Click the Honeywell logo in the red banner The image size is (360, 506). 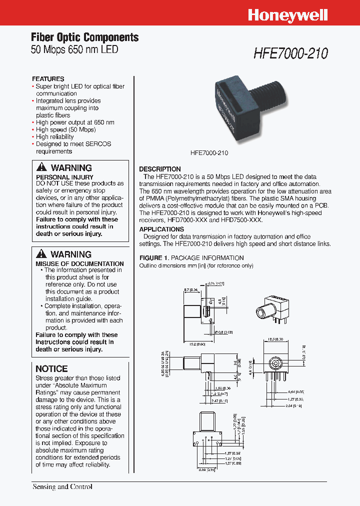(287, 15)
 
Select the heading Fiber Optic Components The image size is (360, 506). (84, 37)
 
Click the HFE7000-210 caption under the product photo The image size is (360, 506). (209, 153)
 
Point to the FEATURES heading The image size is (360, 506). (48, 79)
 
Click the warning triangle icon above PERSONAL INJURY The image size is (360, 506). (42, 167)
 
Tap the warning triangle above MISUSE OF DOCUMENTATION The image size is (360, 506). (42, 254)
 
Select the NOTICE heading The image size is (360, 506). (51, 368)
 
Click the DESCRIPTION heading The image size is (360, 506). (159, 169)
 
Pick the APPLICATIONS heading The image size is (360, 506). (162, 229)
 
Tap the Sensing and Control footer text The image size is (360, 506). (62, 486)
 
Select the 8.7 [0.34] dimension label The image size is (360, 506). (191, 289)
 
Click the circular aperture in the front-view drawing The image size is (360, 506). (274, 362)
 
